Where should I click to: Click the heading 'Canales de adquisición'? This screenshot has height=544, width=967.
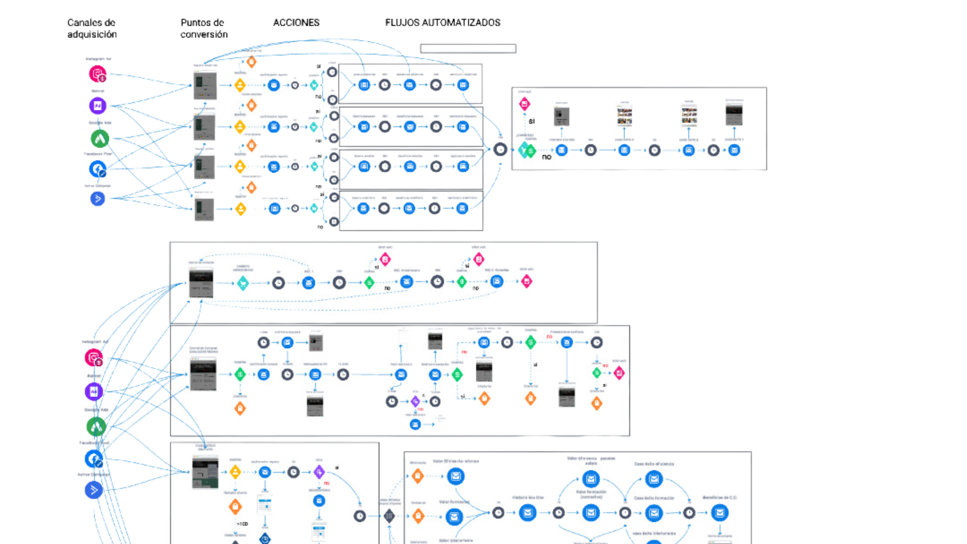[x=92, y=28]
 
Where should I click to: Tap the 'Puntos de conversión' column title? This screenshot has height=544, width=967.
[x=204, y=28]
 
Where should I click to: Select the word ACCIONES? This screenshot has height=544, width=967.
[x=296, y=23]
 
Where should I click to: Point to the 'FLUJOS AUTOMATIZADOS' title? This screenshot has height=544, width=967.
[x=443, y=23]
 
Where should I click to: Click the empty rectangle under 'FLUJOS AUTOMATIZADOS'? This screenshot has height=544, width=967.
[x=468, y=48]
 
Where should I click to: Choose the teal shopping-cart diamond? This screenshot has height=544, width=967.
[x=243, y=283]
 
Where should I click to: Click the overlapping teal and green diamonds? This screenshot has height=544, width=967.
[x=527, y=150]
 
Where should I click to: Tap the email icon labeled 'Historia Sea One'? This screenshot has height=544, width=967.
[x=528, y=513]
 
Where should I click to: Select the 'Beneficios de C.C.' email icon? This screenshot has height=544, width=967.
[x=720, y=513]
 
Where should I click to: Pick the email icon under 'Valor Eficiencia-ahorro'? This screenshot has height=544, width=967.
[x=456, y=476]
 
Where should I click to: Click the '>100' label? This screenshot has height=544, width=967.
[x=243, y=524]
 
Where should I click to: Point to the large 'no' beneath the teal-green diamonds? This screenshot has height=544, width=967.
[x=546, y=157]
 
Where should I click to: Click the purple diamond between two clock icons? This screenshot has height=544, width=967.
[x=415, y=401]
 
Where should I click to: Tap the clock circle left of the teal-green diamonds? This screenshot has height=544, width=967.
[x=500, y=149]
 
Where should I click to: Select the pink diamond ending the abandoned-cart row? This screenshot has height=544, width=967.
[x=526, y=282]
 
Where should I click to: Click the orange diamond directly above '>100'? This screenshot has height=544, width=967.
[x=235, y=506]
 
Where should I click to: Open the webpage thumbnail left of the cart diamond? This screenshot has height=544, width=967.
[x=201, y=283]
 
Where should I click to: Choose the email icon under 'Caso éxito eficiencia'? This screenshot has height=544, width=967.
[x=654, y=479]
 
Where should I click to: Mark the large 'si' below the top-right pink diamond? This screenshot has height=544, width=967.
[x=531, y=121]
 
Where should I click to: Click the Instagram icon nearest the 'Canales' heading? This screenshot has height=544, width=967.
[x=98, y=74]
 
